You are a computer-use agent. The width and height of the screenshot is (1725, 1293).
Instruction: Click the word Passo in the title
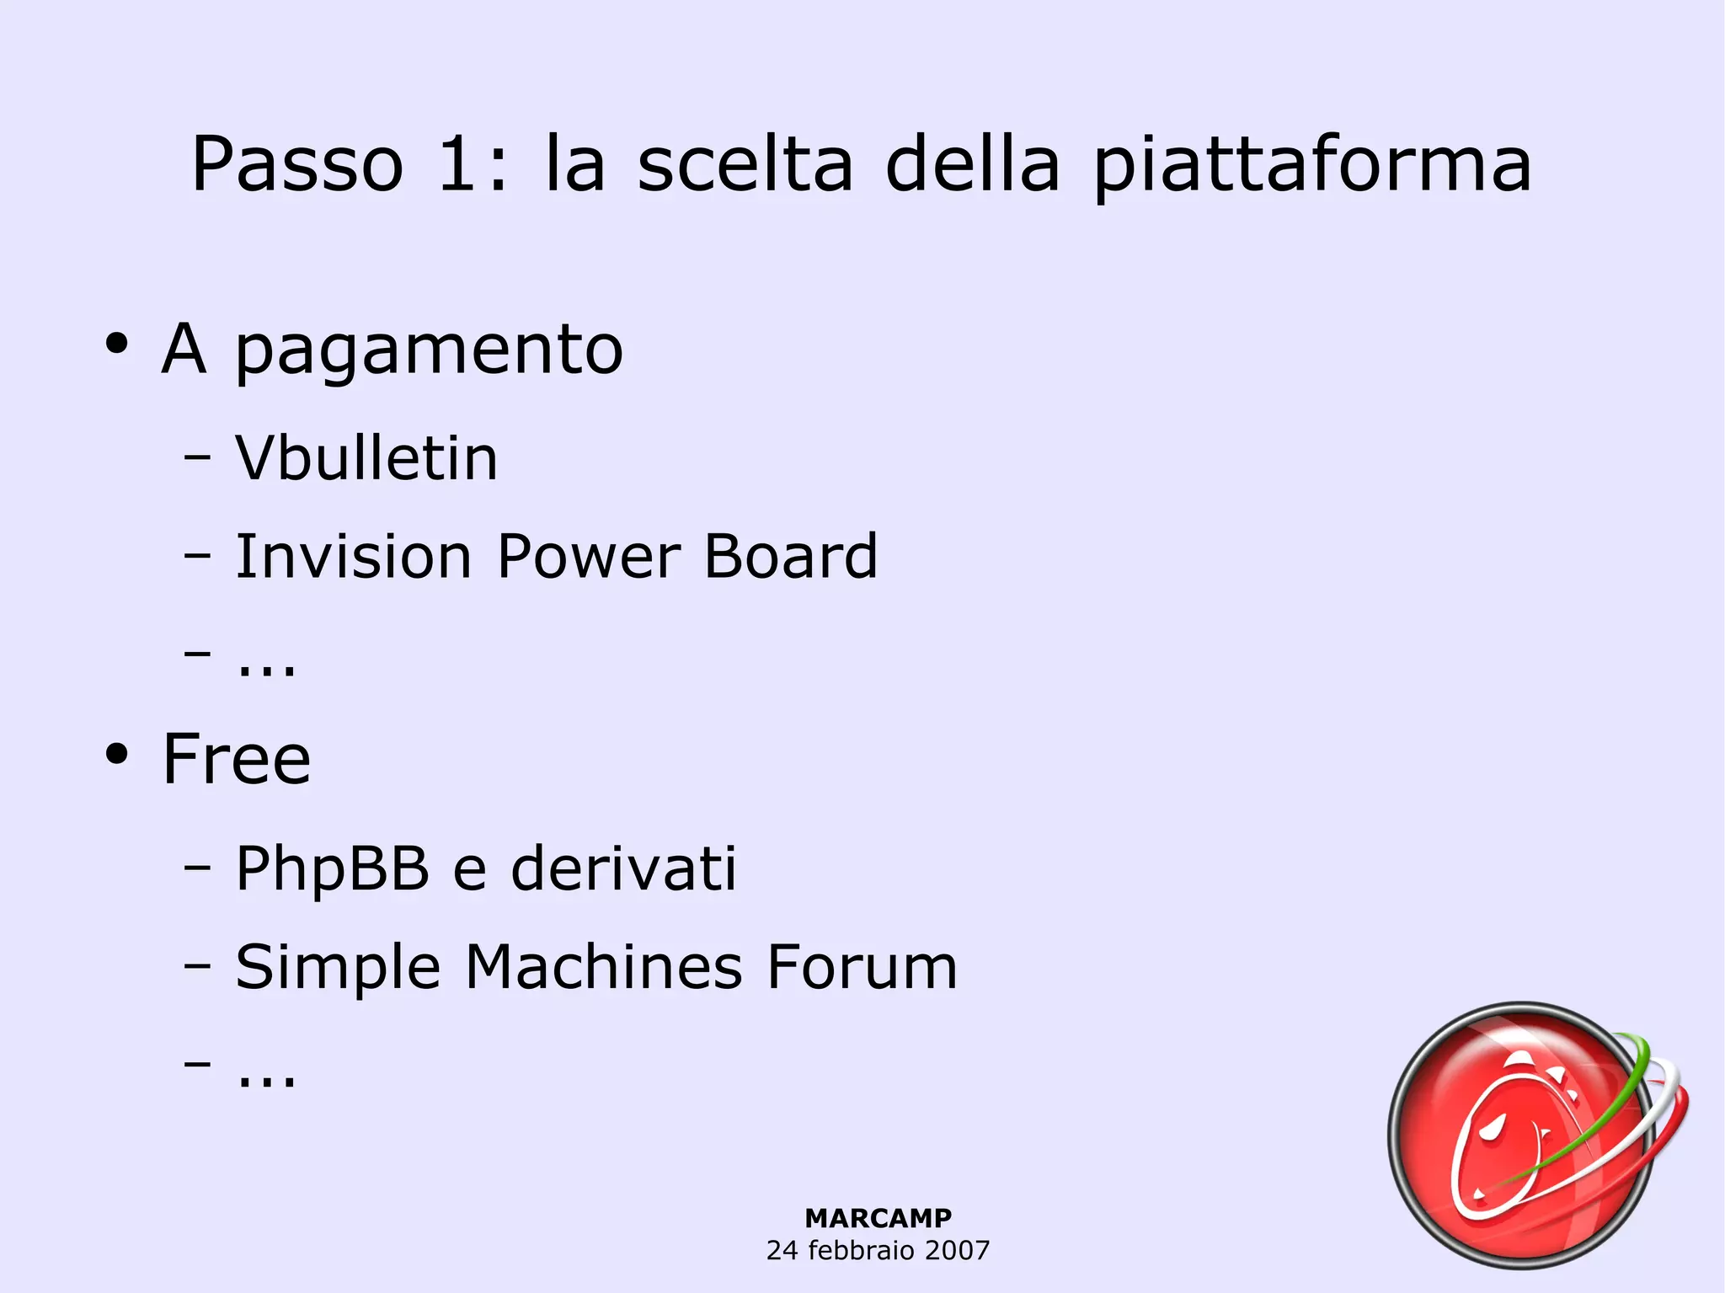click(x=297, y=164)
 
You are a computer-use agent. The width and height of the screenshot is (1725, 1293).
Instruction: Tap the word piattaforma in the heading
click(x=1311, y=166)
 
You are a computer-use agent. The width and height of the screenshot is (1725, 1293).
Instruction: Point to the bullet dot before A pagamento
click(x=116, y=344)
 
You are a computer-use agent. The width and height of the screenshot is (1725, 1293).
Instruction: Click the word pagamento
click(x=429, y=351)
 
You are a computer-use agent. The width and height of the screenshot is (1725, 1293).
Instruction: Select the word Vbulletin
click(x=366, y=459)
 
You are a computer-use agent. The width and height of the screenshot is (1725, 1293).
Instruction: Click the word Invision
click(x=353, y=557)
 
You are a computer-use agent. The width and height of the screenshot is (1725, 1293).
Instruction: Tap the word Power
click(x=588, y=557)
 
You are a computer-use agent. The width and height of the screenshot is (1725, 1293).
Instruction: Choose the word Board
click(x=790, y=557)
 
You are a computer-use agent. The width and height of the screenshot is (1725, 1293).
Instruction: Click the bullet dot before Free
click(x=116, y=754)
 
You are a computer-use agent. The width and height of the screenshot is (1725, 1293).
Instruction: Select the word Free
click(x=236, y=759)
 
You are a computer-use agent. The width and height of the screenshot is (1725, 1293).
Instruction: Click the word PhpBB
click(x=332, y=868)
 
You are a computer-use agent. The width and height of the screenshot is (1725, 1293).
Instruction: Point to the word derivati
click(x=623, y=868)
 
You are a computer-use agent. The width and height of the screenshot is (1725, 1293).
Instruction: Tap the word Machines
click(x=603, y=966)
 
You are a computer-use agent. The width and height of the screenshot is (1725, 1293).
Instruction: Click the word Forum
click(x=862, y=966)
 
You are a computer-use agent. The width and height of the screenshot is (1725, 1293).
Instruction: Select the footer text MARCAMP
click(x=878, y=1218)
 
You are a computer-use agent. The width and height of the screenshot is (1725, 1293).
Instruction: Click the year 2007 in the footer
click(x=956, y=1250)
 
